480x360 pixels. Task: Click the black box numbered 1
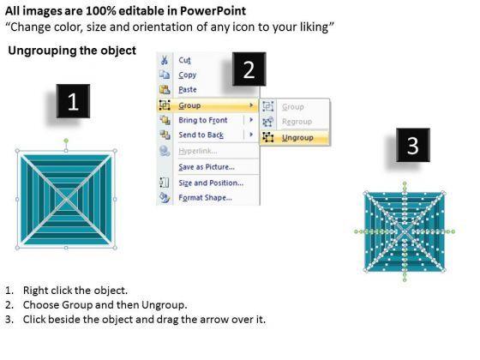point(73,101)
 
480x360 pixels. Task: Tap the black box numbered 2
point(249,69)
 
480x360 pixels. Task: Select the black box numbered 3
point(413,145)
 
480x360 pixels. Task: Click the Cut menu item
point(184,60)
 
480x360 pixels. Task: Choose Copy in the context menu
point(188,75)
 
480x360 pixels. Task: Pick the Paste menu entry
point(188,90)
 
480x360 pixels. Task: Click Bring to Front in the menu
point(203,120)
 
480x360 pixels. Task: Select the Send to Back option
point(201,135)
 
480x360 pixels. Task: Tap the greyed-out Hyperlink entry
point(198,151)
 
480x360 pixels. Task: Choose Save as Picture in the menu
point(207,167)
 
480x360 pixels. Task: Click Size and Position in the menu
point(211,183)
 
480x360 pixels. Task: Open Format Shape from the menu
point(205,198)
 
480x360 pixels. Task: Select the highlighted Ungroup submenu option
point(297,138)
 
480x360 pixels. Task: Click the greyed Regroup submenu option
point(297,122)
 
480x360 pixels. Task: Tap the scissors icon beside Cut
point(164,60)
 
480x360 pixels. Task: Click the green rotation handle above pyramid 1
point(66,141)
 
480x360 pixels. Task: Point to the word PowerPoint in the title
point(213,11)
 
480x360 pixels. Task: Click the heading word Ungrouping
point(41,51)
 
